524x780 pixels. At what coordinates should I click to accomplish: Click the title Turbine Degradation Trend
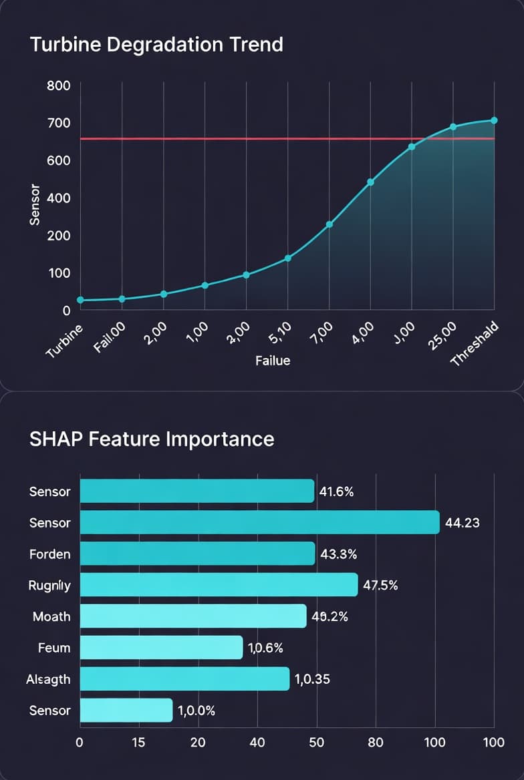tap(156, 45)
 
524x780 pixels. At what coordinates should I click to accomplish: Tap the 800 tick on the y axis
tap(57, 86)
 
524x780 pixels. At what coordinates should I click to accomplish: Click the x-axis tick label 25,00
tap(442, 333)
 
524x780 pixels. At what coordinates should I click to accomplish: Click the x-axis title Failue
tap(273, 361)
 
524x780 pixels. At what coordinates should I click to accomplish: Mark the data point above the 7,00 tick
tap(329, 224)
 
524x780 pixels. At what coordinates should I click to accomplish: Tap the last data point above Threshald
tap(495, 120)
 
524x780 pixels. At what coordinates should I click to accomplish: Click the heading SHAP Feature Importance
tap(152, 439)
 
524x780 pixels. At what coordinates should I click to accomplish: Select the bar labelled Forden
tap(197, 554)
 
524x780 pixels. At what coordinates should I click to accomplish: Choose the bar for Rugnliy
tap(219, 585)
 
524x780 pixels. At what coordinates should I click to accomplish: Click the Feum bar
tap(161, 647)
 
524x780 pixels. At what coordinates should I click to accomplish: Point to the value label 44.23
tap(462, 523)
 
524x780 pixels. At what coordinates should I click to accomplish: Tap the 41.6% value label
tap(337, 492)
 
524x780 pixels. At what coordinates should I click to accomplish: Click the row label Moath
tap(51, 616)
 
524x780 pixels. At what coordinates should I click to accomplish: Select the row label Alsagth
tap(49, 678)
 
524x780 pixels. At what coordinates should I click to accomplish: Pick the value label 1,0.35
tap(312, 679)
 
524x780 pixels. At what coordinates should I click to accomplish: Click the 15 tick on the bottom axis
tap(138, 742)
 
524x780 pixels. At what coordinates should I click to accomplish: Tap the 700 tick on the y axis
tap(57, 124)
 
